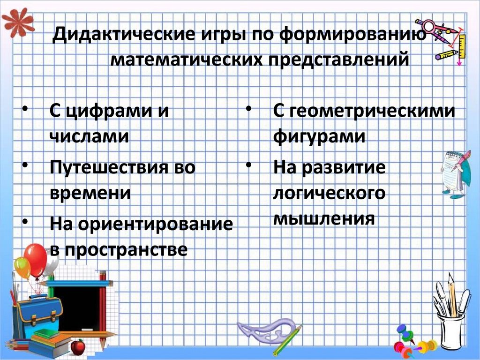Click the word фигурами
pyautogui.click(x=319, y=137)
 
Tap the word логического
pyautogui.click(x=329, y=193)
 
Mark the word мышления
pyautogui.click(x=323, y=218)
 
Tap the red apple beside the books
pyautogui.click(x=78, y=347)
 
